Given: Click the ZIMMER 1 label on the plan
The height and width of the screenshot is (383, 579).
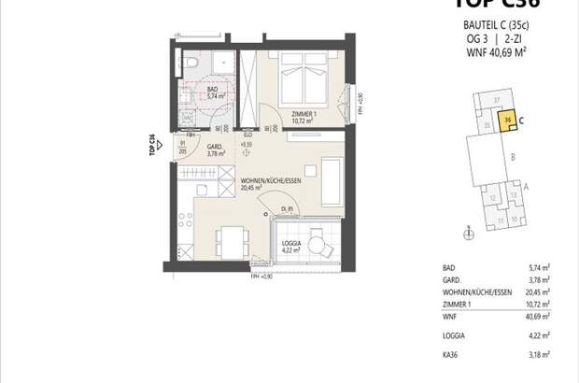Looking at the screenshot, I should click(303, 116).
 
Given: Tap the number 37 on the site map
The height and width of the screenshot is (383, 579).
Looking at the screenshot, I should click(497, 99).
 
